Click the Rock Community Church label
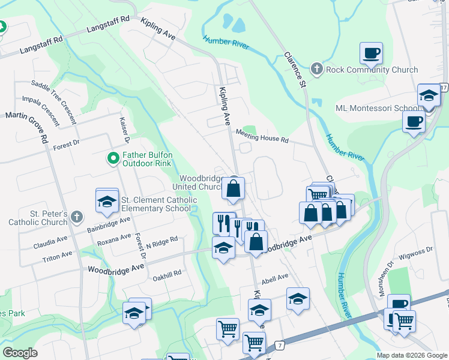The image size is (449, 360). coord(372,70)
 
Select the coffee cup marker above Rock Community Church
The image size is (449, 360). coord(372,53)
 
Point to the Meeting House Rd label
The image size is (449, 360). coord(262,137)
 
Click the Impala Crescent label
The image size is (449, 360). coord(41,111)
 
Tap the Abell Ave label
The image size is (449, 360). coord(274,277)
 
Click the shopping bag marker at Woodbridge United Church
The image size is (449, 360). coord(234,188)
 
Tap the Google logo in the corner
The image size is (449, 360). coord(20,353)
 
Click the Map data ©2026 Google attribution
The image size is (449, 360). coord(411,355)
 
